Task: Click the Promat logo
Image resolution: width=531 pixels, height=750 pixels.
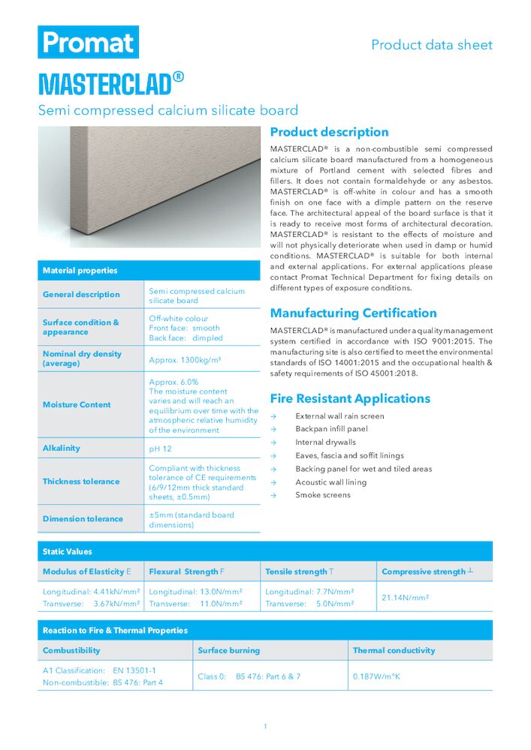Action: (x=89, y=42)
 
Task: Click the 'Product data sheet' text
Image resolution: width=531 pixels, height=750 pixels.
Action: (x=432, y=45)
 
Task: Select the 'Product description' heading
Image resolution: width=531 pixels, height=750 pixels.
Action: (x=329, y=133)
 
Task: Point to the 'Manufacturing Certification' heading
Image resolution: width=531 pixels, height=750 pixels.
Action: (x=353, y=313)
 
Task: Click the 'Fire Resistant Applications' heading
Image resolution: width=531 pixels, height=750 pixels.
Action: (x=350, y=399)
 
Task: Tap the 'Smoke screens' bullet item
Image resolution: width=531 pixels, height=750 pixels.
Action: (x=323, y=495)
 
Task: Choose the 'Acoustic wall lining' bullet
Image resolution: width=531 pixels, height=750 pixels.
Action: (x=330, y=482)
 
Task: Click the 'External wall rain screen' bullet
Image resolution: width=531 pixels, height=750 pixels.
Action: (x=339, y=416)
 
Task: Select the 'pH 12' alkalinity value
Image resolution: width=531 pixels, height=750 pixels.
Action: (x=161, y=448)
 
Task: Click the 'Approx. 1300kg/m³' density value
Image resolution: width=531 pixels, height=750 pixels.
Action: (x=185, y=360)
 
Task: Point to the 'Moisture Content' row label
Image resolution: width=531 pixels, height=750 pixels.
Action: (x=77, y=405)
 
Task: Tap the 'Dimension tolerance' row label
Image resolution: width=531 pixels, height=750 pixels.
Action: (x=83, y=519)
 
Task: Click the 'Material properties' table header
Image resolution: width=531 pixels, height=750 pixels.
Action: (x=80, y=271)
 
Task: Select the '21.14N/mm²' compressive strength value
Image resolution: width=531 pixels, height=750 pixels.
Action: (x=406, y=598)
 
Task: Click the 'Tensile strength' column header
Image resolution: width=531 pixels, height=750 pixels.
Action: (x=300, y=571)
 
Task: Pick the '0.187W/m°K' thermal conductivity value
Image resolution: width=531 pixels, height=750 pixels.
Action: (x=377, y=676)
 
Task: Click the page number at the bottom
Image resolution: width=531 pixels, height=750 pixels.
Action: (x=265, y=726)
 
